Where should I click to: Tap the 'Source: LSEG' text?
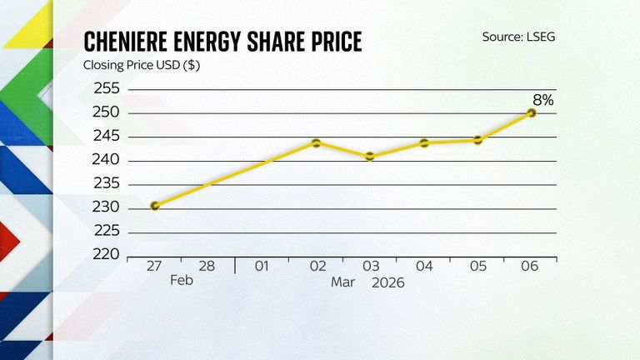(x=518, y=37)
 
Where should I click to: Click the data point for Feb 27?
(x=155, y=206)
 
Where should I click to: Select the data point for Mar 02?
(x=317, y=142)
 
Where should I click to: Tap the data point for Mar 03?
(x=370, y=156)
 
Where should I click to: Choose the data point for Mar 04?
(x=424, y=142)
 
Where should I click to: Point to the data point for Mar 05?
(x=478, y=140)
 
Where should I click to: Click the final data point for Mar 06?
(x=532, y=112)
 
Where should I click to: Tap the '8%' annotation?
(x=543, y=100)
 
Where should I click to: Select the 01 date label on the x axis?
(x=262, y=267)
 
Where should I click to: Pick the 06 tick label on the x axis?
(x=531, y=267)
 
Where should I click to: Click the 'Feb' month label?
(x=182, y=282)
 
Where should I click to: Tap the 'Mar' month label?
(x=343, y=282)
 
